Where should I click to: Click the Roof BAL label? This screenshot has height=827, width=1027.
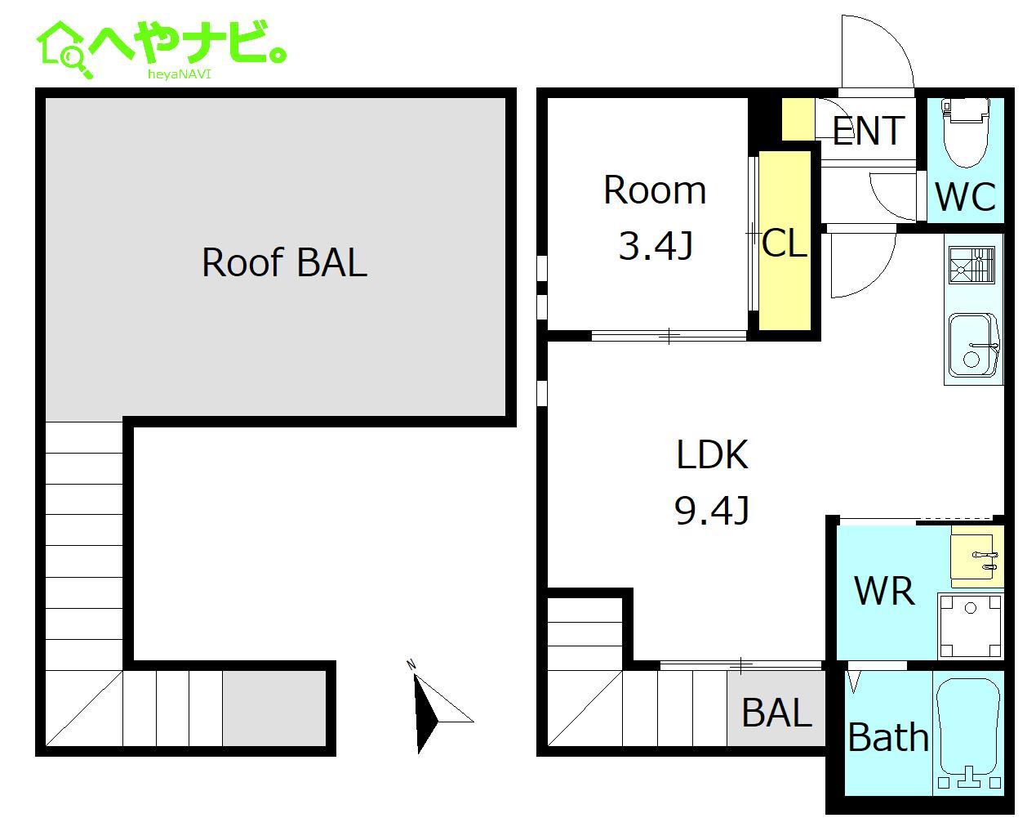[x=283, y=262]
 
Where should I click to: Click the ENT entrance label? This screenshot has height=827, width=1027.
[x=869, y=131]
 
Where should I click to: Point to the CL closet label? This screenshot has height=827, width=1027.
[x=784, y=243]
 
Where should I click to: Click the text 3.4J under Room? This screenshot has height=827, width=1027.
[x=656, y=245]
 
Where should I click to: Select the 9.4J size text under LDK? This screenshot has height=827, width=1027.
[x=712, y=511]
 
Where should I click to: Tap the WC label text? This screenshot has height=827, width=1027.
[x=965, y=196]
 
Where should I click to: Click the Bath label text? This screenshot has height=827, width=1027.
[x=888, y=738]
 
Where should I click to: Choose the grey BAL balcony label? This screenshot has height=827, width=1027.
[x=776, y=713]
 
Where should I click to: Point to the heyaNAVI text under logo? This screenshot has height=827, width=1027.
[x=179, y=74]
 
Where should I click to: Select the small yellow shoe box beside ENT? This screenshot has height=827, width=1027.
[x=798, y=118]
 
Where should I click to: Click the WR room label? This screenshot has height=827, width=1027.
[x=884, y=590]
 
